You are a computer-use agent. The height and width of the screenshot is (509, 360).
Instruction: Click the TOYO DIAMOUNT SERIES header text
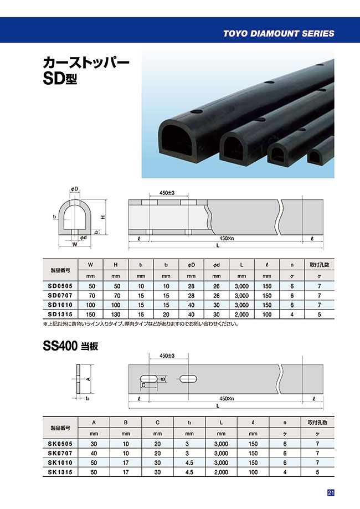pos(279,33)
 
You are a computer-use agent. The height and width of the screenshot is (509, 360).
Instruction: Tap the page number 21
pos(331,493)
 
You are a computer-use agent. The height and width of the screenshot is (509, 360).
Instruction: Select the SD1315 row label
pos(60,314)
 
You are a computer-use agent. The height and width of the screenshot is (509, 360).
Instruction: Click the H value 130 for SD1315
pos(116,314)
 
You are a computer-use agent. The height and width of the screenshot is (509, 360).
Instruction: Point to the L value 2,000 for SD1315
pos(241,314)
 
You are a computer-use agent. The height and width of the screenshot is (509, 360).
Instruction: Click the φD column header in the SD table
pos(191,265)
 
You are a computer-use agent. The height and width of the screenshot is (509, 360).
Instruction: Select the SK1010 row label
pos(60,462)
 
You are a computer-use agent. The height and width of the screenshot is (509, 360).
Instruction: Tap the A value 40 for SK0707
pos(94,453)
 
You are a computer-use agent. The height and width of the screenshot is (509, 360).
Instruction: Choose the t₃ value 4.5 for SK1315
pos(189,472)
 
